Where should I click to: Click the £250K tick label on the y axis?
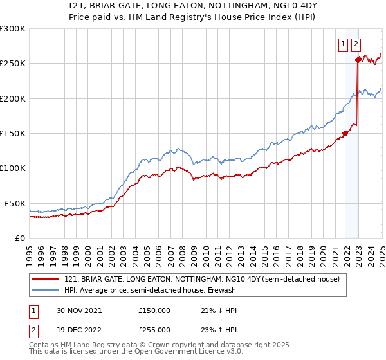12,64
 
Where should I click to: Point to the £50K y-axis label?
15,203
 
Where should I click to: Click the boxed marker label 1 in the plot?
342,44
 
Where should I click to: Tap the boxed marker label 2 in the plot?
356,44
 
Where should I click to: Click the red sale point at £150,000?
345,133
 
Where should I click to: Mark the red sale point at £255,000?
358,60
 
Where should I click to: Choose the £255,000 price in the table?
154,330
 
